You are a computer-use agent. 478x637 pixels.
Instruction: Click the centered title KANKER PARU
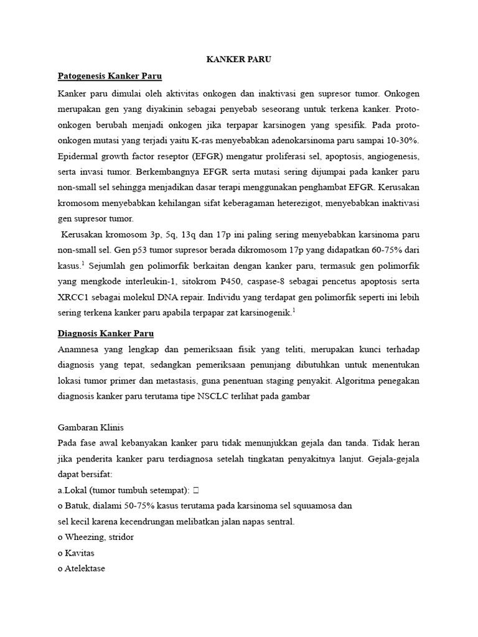pos(239,60)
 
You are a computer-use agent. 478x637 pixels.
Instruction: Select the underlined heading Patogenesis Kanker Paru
pos(110,77)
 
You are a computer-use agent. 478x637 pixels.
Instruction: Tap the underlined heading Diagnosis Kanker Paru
pos(105,333)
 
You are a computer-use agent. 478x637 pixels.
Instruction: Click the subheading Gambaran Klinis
pos(91,427)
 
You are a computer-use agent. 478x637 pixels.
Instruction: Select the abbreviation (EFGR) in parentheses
pos(215,156)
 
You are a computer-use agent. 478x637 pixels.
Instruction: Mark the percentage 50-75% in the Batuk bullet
pos(141,506)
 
